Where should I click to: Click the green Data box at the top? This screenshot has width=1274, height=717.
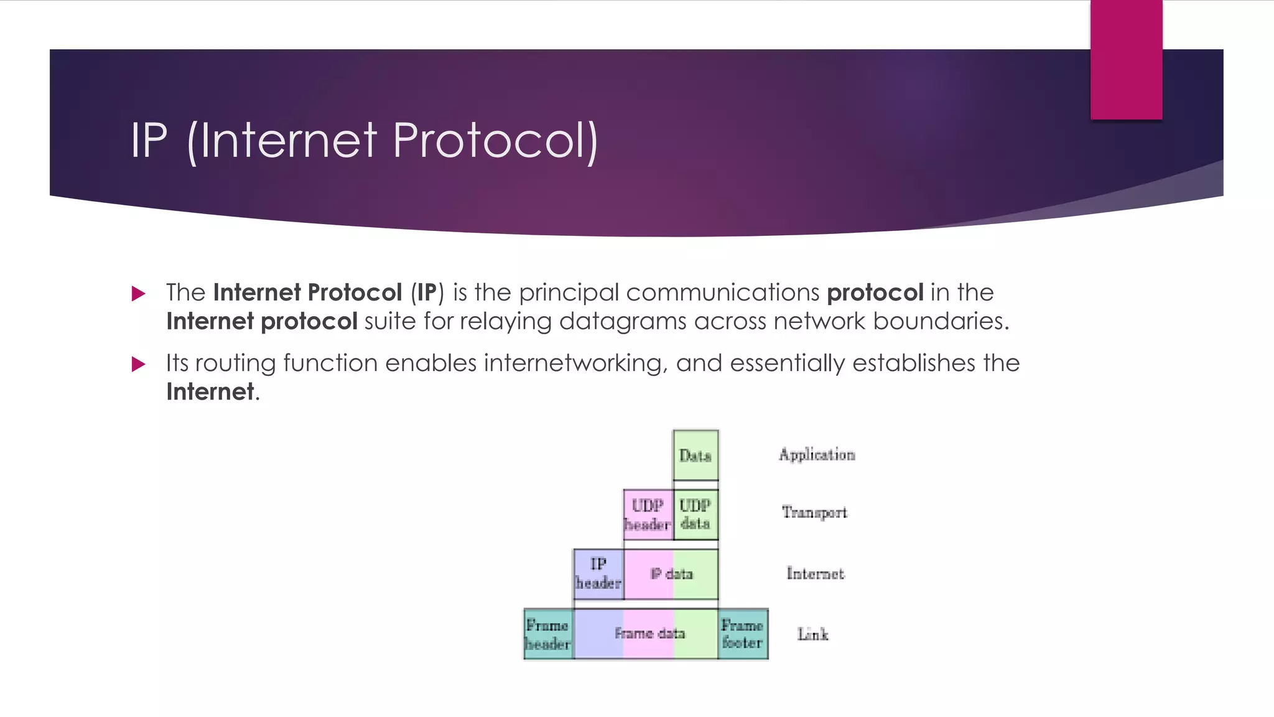[695, 455]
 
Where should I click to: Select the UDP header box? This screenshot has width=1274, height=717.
[648, 515]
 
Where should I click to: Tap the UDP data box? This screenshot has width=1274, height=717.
[695, 515]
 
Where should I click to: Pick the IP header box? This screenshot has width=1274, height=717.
[598, 574]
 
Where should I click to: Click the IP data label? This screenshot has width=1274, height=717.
[671, 574]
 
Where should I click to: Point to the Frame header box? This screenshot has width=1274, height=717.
[547, 634]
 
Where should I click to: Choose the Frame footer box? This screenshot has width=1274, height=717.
[743, 634]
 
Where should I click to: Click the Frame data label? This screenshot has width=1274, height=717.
[649, 634]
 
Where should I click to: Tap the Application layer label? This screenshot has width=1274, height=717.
[817, 455]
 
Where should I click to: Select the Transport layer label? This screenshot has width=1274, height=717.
[814, 512]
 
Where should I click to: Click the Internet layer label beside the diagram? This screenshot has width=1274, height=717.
[815, 573]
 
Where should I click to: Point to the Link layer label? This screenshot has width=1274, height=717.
[812, 634]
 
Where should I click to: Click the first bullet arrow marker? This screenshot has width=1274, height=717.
[139, 294]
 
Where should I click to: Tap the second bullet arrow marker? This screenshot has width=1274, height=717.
[139, 364]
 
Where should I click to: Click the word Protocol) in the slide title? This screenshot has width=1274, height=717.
[495, 141]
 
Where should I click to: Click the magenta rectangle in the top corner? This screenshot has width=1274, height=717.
[1126, 59]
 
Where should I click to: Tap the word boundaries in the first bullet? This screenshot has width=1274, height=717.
[941, 321]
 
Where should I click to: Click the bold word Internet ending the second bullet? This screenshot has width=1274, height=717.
[210, 392]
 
